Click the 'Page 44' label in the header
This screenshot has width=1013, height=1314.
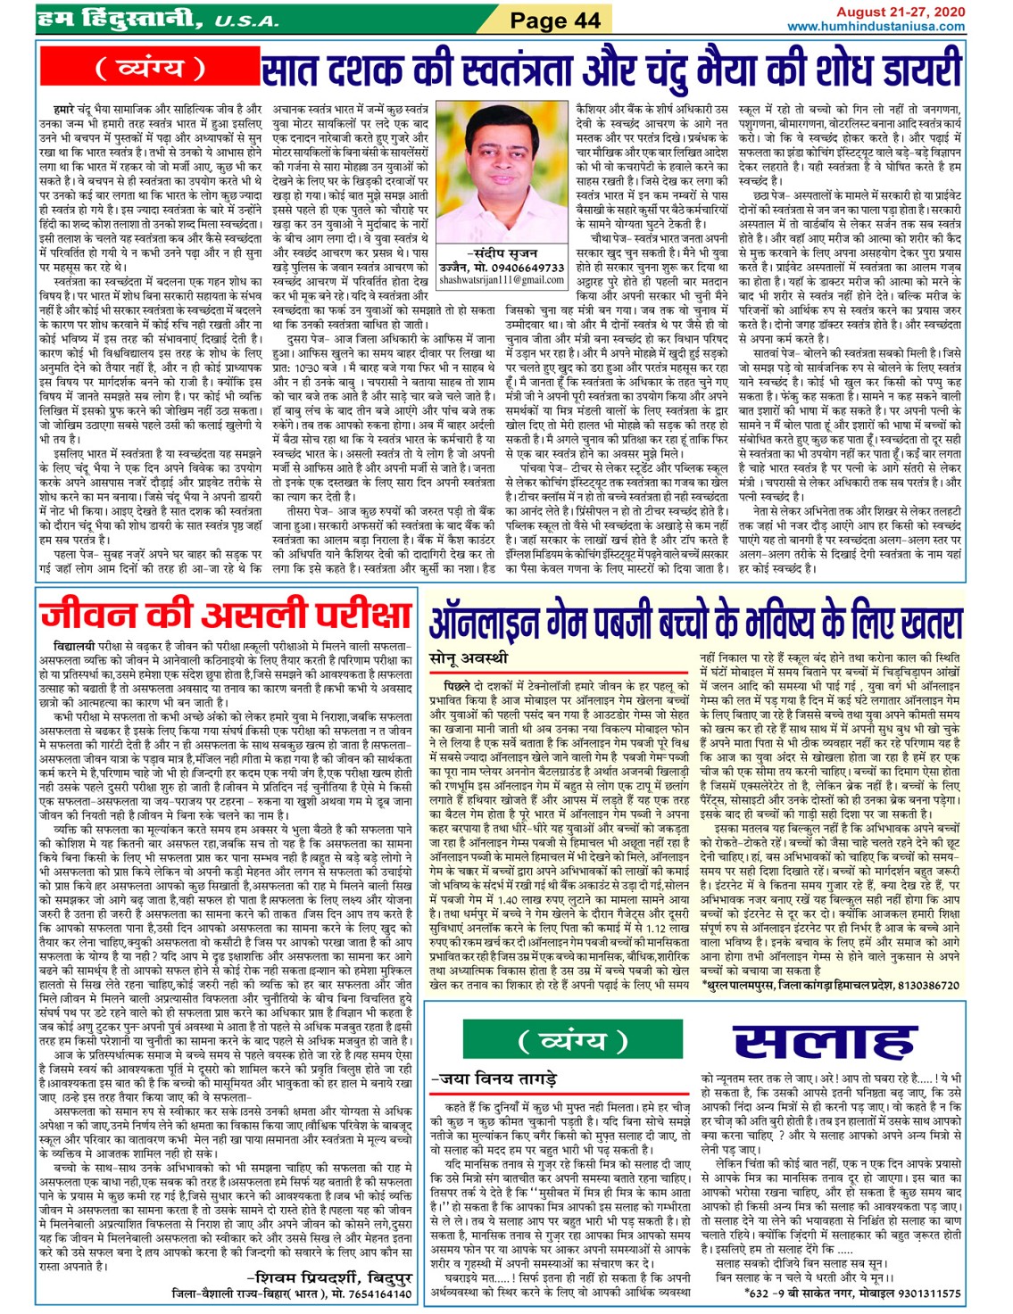(554, 20)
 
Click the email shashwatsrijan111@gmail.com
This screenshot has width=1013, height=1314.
(502, 280)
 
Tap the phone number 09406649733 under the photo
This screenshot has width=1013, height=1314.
(528, 268)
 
